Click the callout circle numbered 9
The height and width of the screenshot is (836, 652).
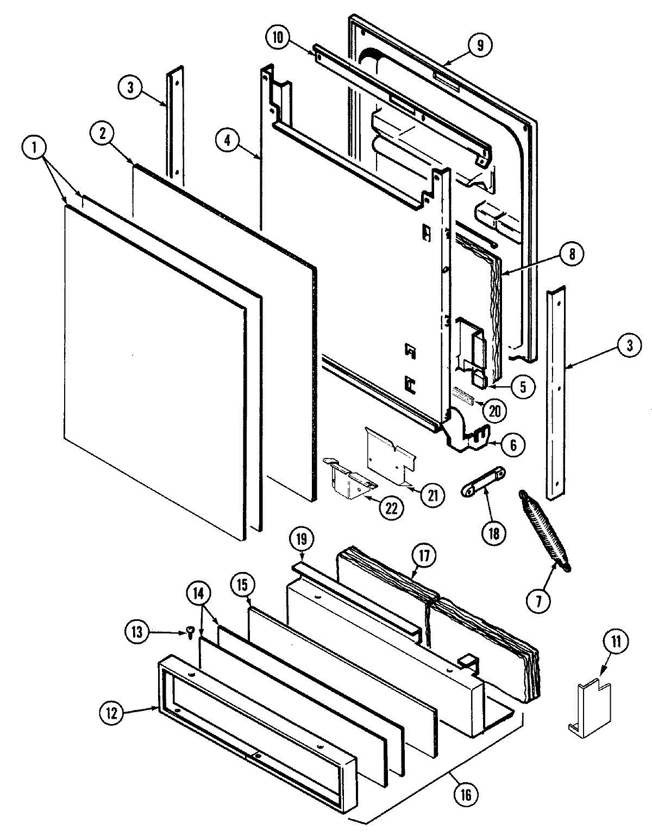(x=479, y=45)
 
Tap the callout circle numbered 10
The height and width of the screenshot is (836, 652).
(x=278, y=38)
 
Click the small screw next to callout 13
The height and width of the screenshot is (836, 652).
(x=190, y=632)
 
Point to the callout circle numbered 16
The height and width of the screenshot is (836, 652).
(x=466, y=795)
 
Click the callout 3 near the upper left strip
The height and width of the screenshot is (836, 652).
(x=131, y=88)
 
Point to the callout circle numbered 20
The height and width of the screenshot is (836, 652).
(x=493, y=410)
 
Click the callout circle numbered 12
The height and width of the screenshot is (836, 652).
(x=112, y=713)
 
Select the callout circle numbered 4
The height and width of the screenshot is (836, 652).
(x=227, y=140)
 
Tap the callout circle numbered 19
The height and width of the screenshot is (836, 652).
(x=302, y=539)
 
